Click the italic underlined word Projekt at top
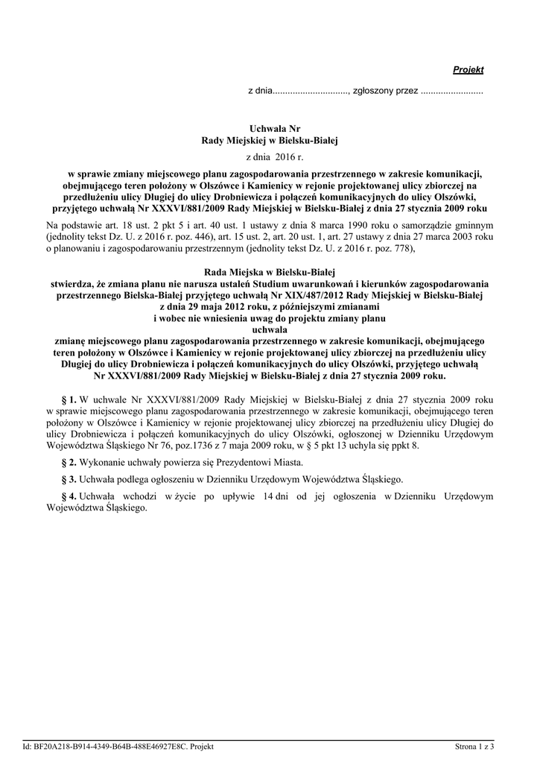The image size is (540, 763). point(468,70)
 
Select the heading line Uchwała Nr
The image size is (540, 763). point(270,129)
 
